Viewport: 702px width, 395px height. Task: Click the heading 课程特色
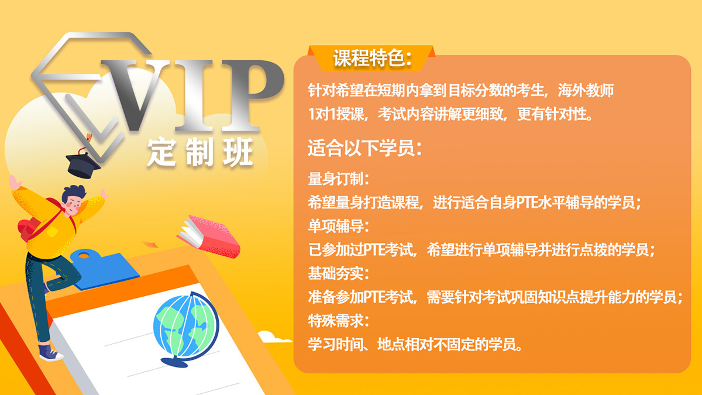tap(372, 59)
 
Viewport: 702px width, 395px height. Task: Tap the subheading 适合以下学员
tap(364, 147)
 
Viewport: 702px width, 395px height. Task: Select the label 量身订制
tap(339, 179)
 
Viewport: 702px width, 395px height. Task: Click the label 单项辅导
tap(339, 226)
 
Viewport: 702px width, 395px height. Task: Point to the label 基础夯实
tap(339, 273)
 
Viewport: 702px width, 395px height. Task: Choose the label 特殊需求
tap(339, 321)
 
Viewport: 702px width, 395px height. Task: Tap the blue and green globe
tap(185, 326)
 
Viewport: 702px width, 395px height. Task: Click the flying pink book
tap(209, 236)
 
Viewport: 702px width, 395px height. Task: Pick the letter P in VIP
tap(251, 94)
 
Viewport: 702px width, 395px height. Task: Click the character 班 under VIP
tap(238, 152)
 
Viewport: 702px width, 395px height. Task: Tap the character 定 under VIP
tap(162, 152)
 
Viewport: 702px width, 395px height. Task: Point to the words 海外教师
tap(586, 91)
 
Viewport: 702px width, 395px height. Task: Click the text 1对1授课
tap(336, 114)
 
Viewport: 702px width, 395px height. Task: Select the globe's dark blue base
tap(174, 362)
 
